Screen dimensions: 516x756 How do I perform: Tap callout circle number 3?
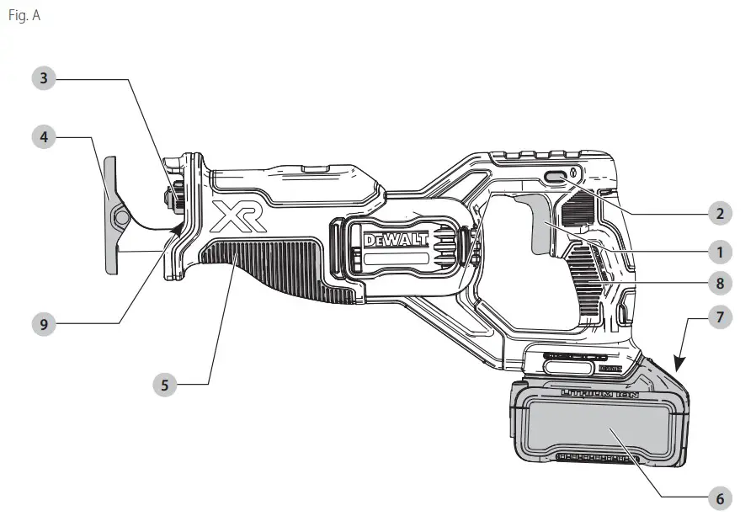click(x=45, y=79)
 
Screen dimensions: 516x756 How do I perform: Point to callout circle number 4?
click(x=45, y=136)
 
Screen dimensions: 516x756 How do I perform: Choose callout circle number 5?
click(x=165, y=385)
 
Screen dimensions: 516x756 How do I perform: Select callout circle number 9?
click(x=45, y=321)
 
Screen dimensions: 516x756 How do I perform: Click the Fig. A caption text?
click(x=23, y=16)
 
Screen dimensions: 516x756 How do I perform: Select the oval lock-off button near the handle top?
click(x=556, y=177)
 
